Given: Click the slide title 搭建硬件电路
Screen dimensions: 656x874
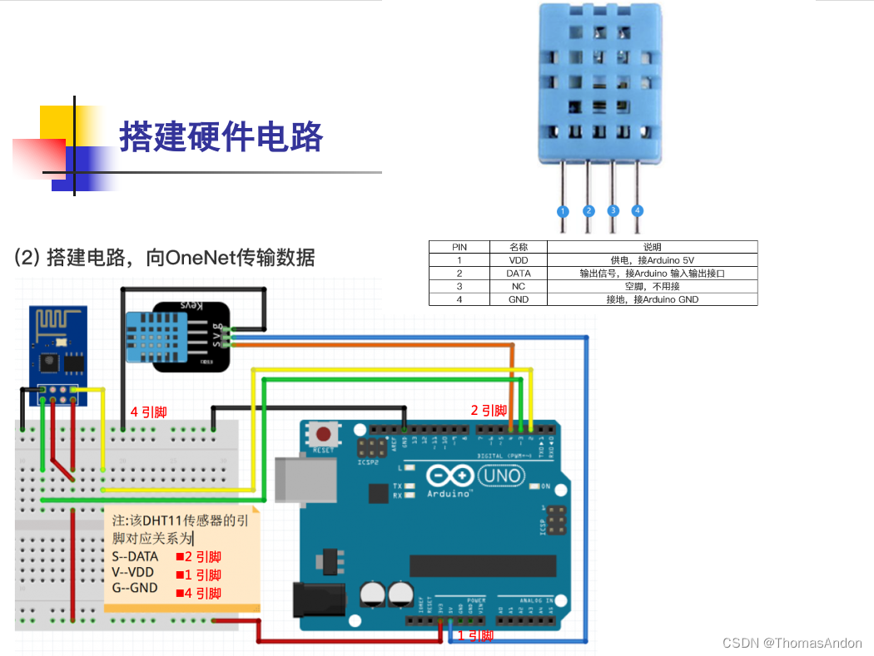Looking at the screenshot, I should [221, 136].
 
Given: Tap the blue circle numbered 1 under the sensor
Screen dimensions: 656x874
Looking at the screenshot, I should [563, 211].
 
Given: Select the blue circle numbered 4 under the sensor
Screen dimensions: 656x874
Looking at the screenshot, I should [638, 211].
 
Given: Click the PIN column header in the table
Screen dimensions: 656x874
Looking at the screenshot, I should [459, 247].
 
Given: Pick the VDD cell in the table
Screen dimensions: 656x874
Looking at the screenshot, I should [519, 260].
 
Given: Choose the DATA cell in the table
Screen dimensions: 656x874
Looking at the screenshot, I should [519, 273].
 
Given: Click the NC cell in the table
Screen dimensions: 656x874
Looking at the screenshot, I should [519, 286].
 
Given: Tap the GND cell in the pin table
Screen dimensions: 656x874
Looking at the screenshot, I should [519, 299].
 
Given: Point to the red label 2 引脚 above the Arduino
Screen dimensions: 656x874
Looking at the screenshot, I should [489, 410].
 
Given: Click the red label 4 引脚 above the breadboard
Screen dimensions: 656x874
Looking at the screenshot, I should [149, 412].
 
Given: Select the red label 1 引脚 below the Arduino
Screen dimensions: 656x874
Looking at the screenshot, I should [475, 635].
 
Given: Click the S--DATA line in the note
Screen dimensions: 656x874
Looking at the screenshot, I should [136, 556].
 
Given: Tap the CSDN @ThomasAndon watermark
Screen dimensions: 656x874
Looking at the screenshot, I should [792, 643].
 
